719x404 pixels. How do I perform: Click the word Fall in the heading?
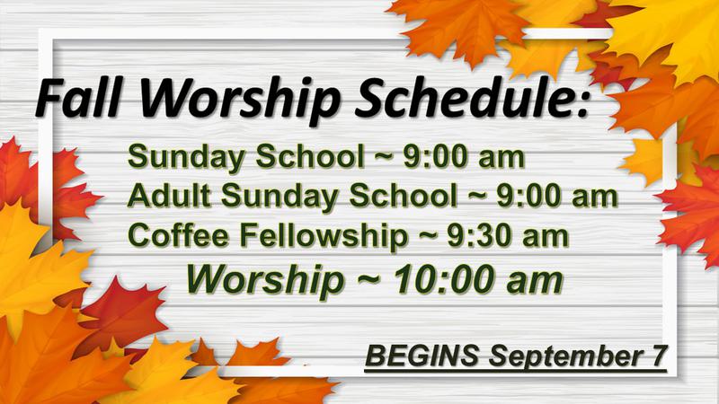[x=78, y=98]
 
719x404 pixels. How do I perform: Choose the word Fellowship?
[x=324, y=236]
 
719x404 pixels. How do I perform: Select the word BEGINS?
[x=422, y=356]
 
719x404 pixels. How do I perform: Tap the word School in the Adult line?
[x=403, y=196]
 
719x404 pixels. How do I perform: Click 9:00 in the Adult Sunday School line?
[x=528, y=196]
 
